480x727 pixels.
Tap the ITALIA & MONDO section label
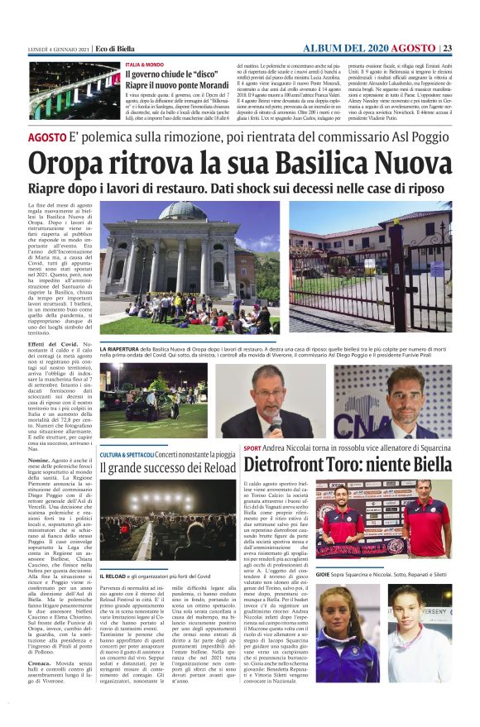point(145,64)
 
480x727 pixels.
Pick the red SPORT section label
point(253,449)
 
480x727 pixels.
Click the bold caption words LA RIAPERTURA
point(122,350)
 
